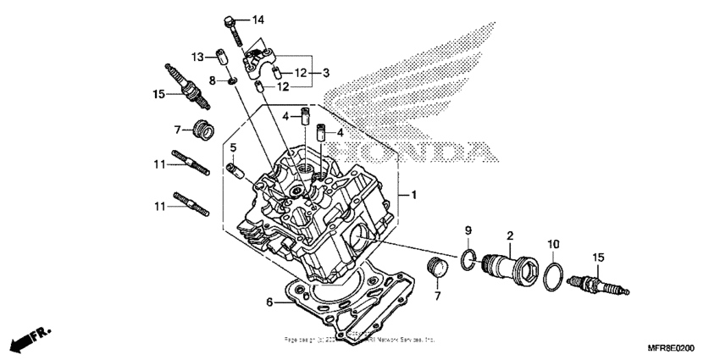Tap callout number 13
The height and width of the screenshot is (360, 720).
(x=197, y=57)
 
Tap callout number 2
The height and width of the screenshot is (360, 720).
(x=511, y=235)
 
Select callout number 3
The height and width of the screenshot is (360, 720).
(x=327, y=74)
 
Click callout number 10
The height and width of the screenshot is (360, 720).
(x=552, y=244)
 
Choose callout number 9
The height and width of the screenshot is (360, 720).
(x=468, y=230)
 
